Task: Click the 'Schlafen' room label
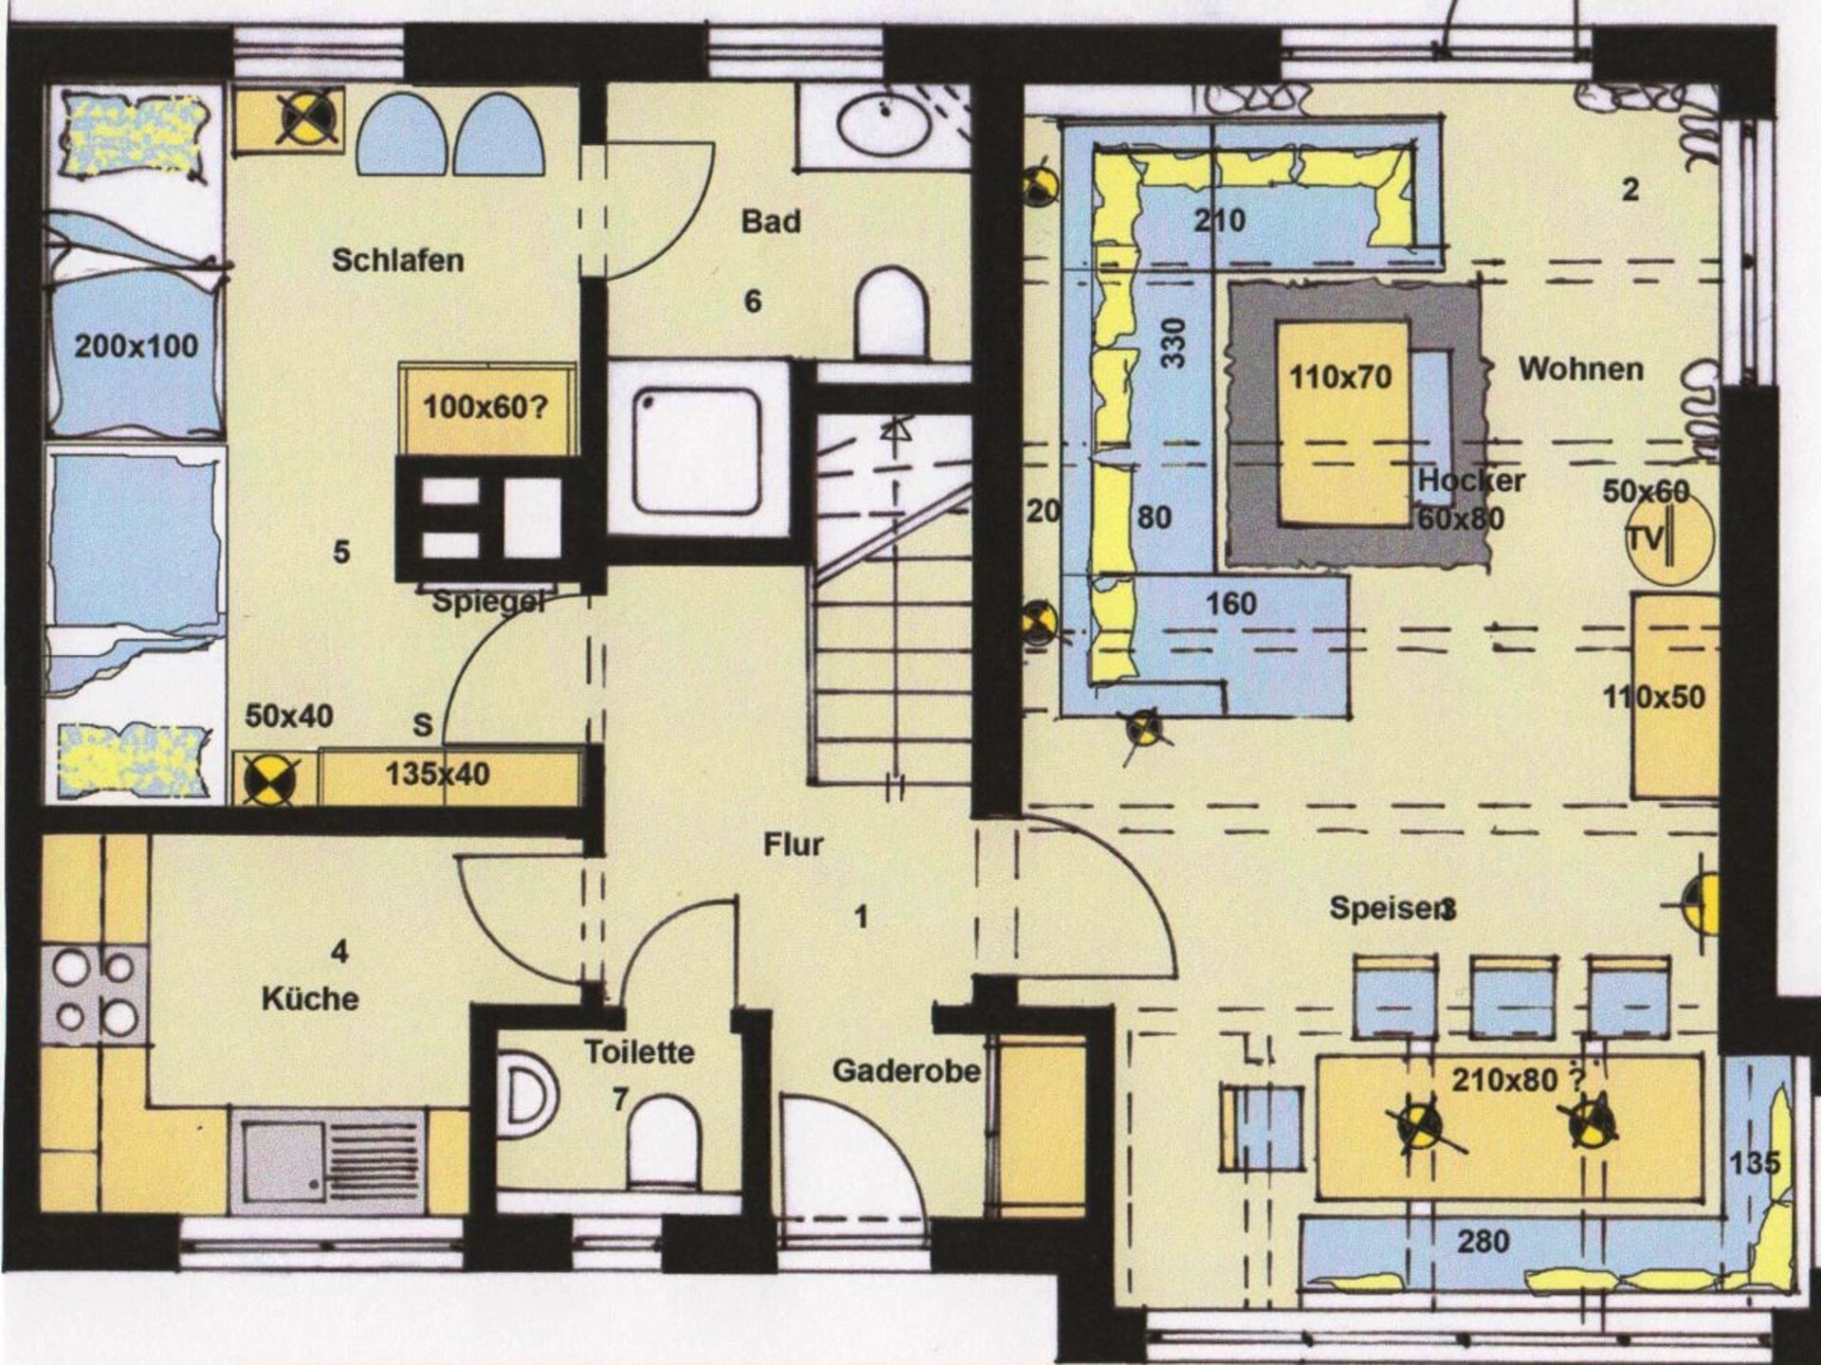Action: pos(397,260)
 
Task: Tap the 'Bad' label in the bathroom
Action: pos(770,221)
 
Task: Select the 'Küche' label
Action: pos(310,999)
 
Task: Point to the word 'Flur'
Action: pos(793,844)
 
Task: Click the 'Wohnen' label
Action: pos(1581,369)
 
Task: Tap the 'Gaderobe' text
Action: pos(906,1071)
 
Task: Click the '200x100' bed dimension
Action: pos(137,346)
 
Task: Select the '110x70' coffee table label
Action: pos(1340,377)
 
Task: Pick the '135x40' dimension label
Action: pos(437,774)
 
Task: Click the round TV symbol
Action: pos(1670,538)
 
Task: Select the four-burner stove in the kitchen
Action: pos(94,993)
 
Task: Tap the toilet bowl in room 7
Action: pos(665,1139)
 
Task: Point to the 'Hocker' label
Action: pos(1471,481)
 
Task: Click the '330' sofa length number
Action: pos(1173,343)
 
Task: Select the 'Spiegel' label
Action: pos(488,601)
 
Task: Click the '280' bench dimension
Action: pos(1482,1241)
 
